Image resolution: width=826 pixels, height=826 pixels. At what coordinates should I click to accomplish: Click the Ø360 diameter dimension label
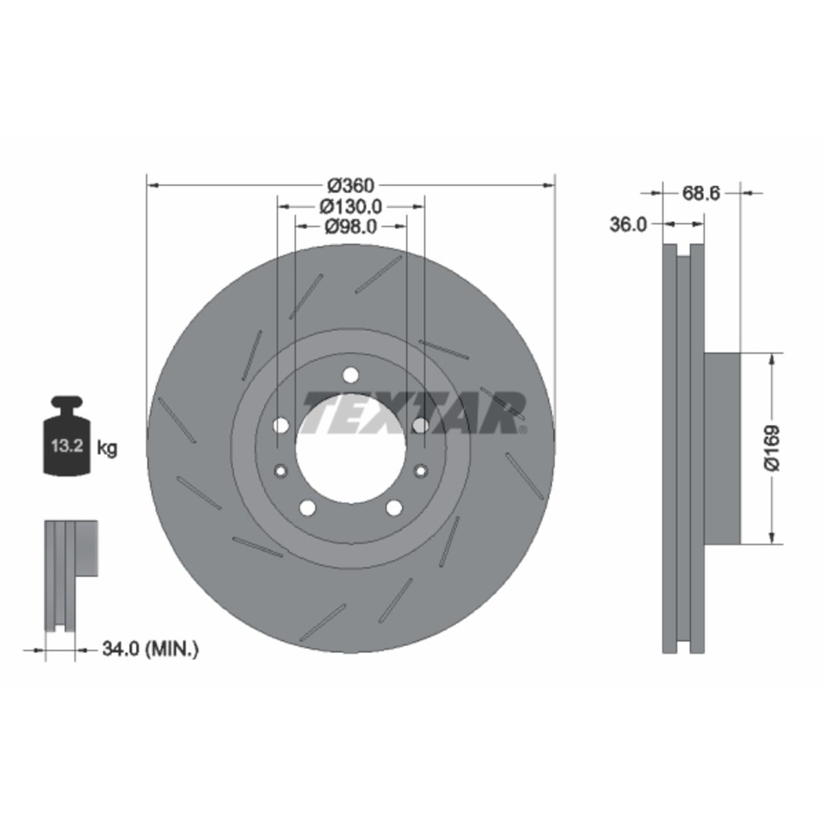350,185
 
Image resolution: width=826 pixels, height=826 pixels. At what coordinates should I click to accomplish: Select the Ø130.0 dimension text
350,206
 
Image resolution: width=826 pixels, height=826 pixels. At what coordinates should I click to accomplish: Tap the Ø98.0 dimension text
350,226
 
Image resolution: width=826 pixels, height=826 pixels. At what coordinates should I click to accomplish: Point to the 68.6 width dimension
701,193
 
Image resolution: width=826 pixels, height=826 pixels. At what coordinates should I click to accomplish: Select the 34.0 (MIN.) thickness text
150,648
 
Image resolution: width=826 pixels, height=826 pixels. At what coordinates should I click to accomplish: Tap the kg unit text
107,448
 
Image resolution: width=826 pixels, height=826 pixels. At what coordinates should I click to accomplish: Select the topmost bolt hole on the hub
350,375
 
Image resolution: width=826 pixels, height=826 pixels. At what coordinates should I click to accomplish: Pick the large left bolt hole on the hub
280,426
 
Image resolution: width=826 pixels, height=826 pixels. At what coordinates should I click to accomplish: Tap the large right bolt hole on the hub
421,426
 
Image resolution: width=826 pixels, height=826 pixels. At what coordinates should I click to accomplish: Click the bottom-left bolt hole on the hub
307,508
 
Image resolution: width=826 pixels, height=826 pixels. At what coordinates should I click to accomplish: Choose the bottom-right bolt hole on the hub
394,508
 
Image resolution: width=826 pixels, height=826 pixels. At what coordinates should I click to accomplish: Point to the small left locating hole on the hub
280,471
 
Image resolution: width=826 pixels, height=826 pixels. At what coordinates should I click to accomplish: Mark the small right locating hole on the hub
421,471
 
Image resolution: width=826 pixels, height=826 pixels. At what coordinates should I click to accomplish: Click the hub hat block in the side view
722,447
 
